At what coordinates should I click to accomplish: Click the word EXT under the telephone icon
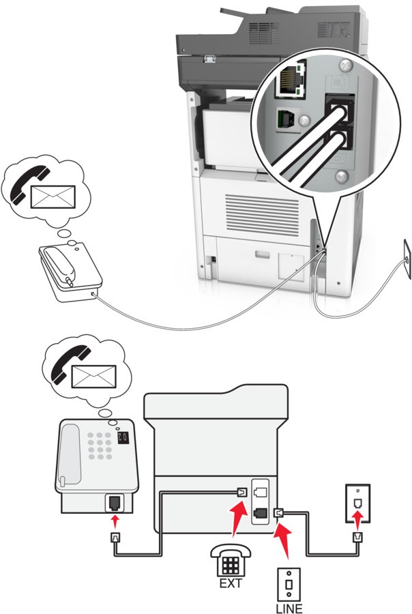(x=231, y=583)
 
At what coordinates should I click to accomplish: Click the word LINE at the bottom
(x=289, y=608)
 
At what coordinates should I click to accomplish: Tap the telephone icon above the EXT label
(x=231, y=561)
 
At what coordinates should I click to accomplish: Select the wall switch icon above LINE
(x=289, y=585)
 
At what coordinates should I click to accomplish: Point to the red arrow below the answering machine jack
(x=115, y=521)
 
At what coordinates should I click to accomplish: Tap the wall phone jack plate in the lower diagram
(x=358, y=503)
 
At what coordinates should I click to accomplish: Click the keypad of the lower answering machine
(x=100, y=445)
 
